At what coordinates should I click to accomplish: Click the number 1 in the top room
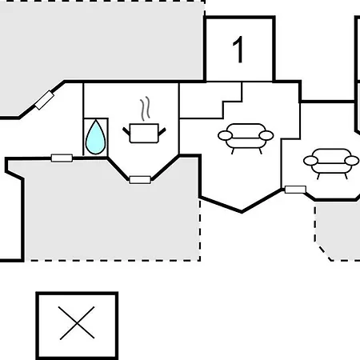pos(238,50)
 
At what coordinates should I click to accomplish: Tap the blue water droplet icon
pos(95,138)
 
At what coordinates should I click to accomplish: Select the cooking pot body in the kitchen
pos(144,134)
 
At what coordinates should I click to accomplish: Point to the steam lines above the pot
pos(145,108)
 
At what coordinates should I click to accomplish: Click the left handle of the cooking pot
pos(126,131)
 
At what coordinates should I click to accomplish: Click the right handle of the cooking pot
pos(162,131)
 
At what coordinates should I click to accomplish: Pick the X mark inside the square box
pos(77,323)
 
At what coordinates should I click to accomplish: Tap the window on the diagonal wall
pos(45,100)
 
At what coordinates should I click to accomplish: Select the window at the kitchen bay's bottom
pos(140,180)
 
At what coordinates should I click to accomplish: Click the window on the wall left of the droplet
pos(62,158)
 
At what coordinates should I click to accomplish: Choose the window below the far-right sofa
pos(295,190)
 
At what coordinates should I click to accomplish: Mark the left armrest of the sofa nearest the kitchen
pos(225,135)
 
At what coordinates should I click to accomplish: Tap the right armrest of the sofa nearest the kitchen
pos(266,135)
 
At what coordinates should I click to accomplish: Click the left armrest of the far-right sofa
pos(310,161)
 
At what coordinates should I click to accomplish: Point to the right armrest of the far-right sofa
pos(352,161)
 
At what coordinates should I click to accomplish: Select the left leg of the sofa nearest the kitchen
pos(233,151)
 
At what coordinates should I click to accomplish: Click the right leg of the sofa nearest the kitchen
pos(260,151)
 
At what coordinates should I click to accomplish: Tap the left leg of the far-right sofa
pos(318,176)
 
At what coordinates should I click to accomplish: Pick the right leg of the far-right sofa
pos(346,176)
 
